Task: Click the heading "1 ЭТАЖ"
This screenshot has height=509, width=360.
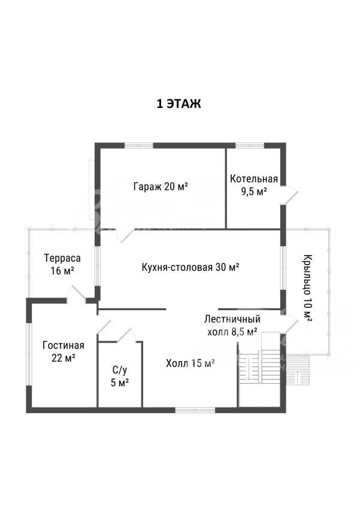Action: [x=179, y=104]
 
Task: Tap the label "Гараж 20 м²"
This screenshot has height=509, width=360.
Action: [x=161, y=186]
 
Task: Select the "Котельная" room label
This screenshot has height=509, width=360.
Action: [x=254, y=179]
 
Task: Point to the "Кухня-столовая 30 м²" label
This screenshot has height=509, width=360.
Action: [x=190, y=267]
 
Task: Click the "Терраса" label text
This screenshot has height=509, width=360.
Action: [x=62, y=259]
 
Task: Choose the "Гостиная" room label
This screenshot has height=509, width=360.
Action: [x=63, y=346]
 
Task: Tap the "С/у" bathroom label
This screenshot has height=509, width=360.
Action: [x=120, y=370]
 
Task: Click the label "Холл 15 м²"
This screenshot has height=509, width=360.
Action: [x=190, y=363]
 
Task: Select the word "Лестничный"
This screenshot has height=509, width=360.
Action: [x=232, y=319]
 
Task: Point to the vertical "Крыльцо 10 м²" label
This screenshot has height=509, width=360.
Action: [x=308, y=287]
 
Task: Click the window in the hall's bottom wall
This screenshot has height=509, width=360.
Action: [x=195, y=410]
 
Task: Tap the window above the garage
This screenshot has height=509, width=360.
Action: [x=139, y=146]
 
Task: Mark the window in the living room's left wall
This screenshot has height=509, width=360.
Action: [x=29, y=355]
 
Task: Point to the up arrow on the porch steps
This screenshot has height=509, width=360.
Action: [x=298, y=377]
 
